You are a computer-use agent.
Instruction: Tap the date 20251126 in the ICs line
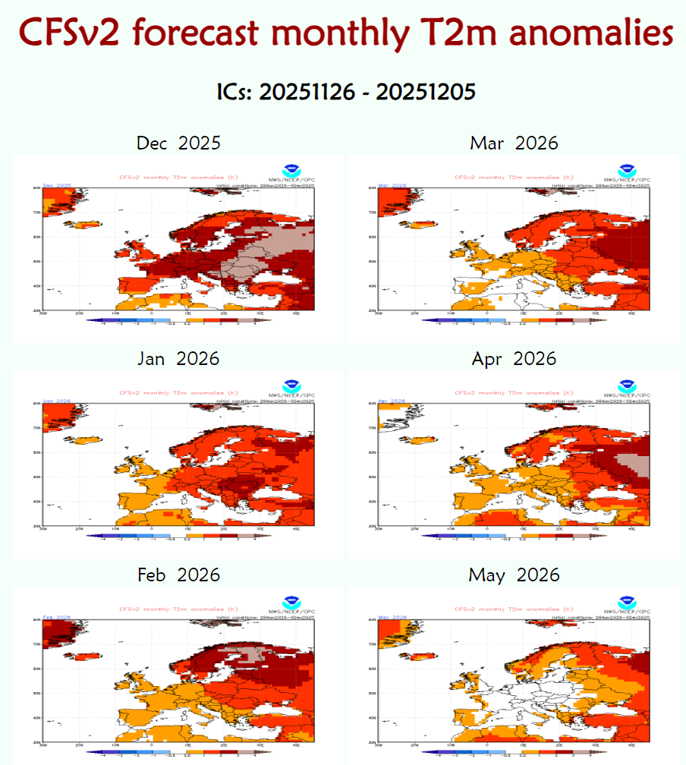pyautogui.click(x=307, y=92)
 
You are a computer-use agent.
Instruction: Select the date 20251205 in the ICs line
pyautogui.click(x=426, y=92)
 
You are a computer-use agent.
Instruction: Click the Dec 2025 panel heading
pyautogui.click(x=178, y=143)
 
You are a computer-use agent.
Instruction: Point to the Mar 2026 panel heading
pyautogui.click(x=514, y=143)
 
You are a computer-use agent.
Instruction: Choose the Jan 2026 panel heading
pyautogui.click(x=178, y=358)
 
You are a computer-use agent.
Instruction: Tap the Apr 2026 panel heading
pyautogui.click(x=514, y=358)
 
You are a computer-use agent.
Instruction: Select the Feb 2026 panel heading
pyautogui.click(x=178, y=575)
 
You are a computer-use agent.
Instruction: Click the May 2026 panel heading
pyautogui.click(x=514, y=575)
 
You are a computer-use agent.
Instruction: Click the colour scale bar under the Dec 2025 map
pyautogui.click(x=178, y=320)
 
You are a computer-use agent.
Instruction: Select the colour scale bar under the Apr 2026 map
pyautogui.click(x=514, y=536)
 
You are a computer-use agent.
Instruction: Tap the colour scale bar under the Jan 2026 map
pyautogui.click(x=178, y=536)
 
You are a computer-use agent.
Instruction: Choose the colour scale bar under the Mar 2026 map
pyautogui.click(x=514, y=320)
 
